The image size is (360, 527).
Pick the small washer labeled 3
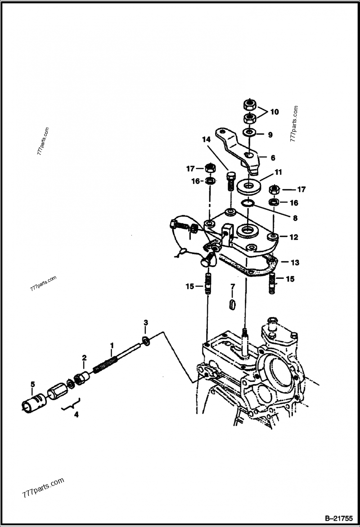click(x=146, y=341)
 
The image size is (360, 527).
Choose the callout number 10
click(x=274, y=112)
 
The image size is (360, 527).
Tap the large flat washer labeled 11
click(x=248, y=185)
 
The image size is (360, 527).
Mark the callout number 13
click(x=294, y=262)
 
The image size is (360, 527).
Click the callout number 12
click(x=294, y=237)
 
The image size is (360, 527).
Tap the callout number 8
click(x=295, y=219)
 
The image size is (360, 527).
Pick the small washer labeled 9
click(x=248, y=134)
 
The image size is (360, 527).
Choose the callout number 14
click(x=206, y=140)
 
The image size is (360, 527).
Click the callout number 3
click(x=145, y=323)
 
